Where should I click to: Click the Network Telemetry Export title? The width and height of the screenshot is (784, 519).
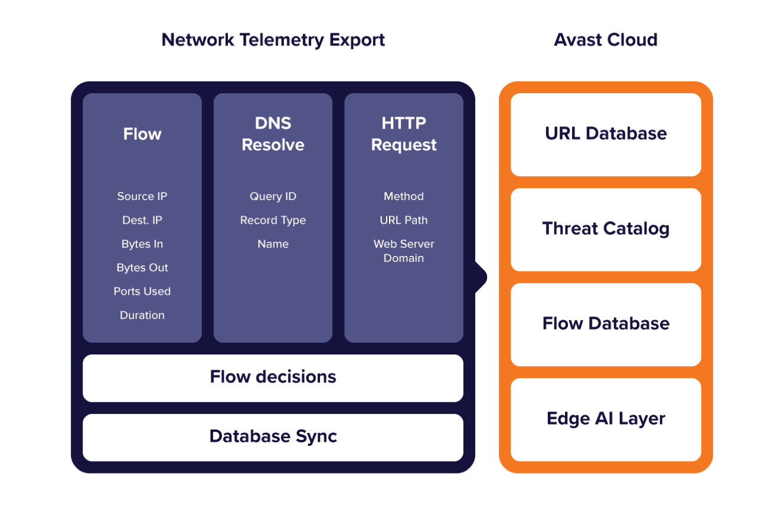pyautogui.click(x=273, y=40)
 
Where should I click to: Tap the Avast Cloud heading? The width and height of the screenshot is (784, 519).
pyautogui.click(x=606, y=40)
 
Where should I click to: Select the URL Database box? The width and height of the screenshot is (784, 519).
pyautogui.click(x=606, y=134)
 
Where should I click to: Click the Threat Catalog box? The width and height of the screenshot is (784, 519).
pyautogui.click(x=606, y=230)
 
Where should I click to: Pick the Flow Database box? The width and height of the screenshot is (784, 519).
pyautogui.click(x=606, y=324)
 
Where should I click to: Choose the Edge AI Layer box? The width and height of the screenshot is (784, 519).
pyautogui.click(x=606, y=420)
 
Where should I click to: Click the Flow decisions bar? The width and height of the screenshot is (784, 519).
pyautogui.click(x=273, y=378)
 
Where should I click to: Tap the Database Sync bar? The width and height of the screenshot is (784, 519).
pyautogui.click(x=273, y=438)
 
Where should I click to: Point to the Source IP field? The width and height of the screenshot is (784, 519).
pyautogui.click(x=142, y=196)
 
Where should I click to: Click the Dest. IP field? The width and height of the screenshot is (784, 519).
pyautogui.click(x=142, y=220)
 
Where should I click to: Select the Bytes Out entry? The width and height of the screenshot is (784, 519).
pyautogui.click(x=142, y=268)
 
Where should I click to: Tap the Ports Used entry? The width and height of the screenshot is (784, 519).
pyautogui.click(x=142, y=291)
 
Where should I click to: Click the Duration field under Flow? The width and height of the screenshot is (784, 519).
pyautogui.click(x=142, y=315)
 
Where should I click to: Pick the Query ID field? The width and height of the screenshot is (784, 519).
pyautogui.click(x=273, y=196)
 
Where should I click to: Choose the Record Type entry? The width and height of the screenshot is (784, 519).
pyautogui.click(x=273, y=221)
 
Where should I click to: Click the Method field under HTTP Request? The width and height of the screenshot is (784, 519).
pyautogui.click(x=404, y=196)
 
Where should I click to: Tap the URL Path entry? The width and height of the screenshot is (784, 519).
pyautogui.click(x=404, y=220)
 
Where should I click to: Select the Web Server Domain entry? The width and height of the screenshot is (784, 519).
pyautogui.click(x=404, y=251)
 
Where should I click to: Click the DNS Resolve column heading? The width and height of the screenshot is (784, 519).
pyautogui.click(x=273, y=134)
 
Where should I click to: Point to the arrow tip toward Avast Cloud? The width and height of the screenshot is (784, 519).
pyautogui.click(x=486, y=277)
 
